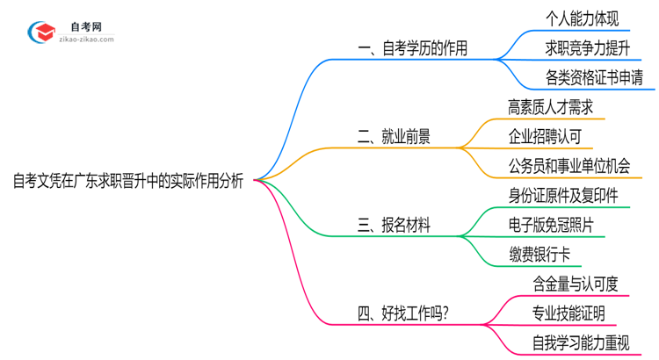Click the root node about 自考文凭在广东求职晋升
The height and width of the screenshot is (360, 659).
(x=128, y=181)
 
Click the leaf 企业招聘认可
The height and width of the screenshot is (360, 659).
(x=544, y=136)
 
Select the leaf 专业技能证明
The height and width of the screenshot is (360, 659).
(x=568, y=313)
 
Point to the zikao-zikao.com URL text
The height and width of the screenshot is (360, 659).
(x=86, y=40)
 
